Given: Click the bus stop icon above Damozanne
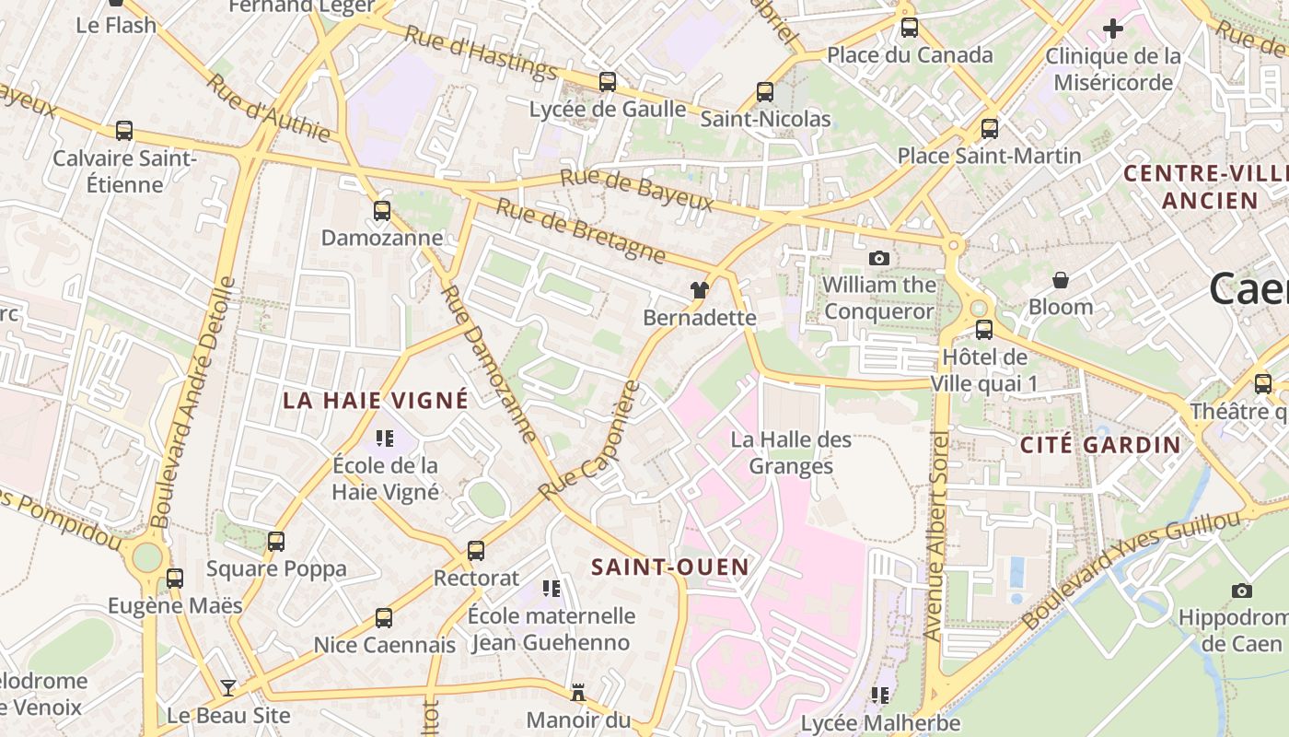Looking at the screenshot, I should (382, 211).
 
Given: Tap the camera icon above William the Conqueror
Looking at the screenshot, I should (879, 259).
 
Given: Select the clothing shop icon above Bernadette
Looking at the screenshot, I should (700, 291).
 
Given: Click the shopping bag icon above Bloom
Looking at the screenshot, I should (1061, 280).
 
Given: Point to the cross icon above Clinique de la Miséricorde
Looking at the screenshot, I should (1113, 29).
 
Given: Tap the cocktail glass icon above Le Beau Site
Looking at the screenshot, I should (227, 688).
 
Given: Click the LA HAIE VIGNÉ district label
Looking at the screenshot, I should (376, 401).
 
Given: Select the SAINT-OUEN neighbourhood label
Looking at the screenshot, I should (670, 567).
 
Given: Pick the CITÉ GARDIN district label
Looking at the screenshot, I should (1100, 445).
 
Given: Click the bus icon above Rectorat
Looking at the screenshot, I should (476, 551).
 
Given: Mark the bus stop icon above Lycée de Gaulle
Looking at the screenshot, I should (608, 82).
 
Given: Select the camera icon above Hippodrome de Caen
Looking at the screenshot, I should (1242, 591).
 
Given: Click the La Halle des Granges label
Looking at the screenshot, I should (791, 453).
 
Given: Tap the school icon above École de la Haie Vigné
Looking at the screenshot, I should (385, 439).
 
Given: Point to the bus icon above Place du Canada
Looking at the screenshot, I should (910, 28).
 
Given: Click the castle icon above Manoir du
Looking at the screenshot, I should (578, 692).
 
